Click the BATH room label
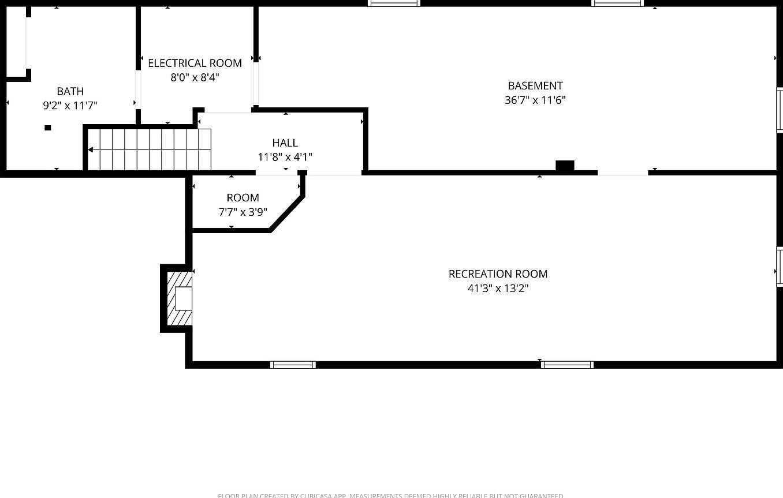[70, 91]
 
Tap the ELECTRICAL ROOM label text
[195, 63]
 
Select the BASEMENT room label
[535, 86]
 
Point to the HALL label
[285, 143]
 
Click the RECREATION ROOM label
[498, 274]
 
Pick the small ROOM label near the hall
[243, 197]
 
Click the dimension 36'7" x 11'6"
[535, 100]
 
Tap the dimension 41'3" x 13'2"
[498, 288]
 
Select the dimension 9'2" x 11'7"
[70, 106]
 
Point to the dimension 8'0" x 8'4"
[195, 77]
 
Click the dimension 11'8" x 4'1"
[285, 156]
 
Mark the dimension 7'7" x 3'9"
[243, 212]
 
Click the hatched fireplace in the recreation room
[179, 298]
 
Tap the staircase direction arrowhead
[90, 150]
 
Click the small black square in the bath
[48, 128]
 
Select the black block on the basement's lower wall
[565, 166]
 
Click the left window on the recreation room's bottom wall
[293, 365]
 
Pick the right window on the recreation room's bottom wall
[567, 365]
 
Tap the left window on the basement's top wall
[394, 3]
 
